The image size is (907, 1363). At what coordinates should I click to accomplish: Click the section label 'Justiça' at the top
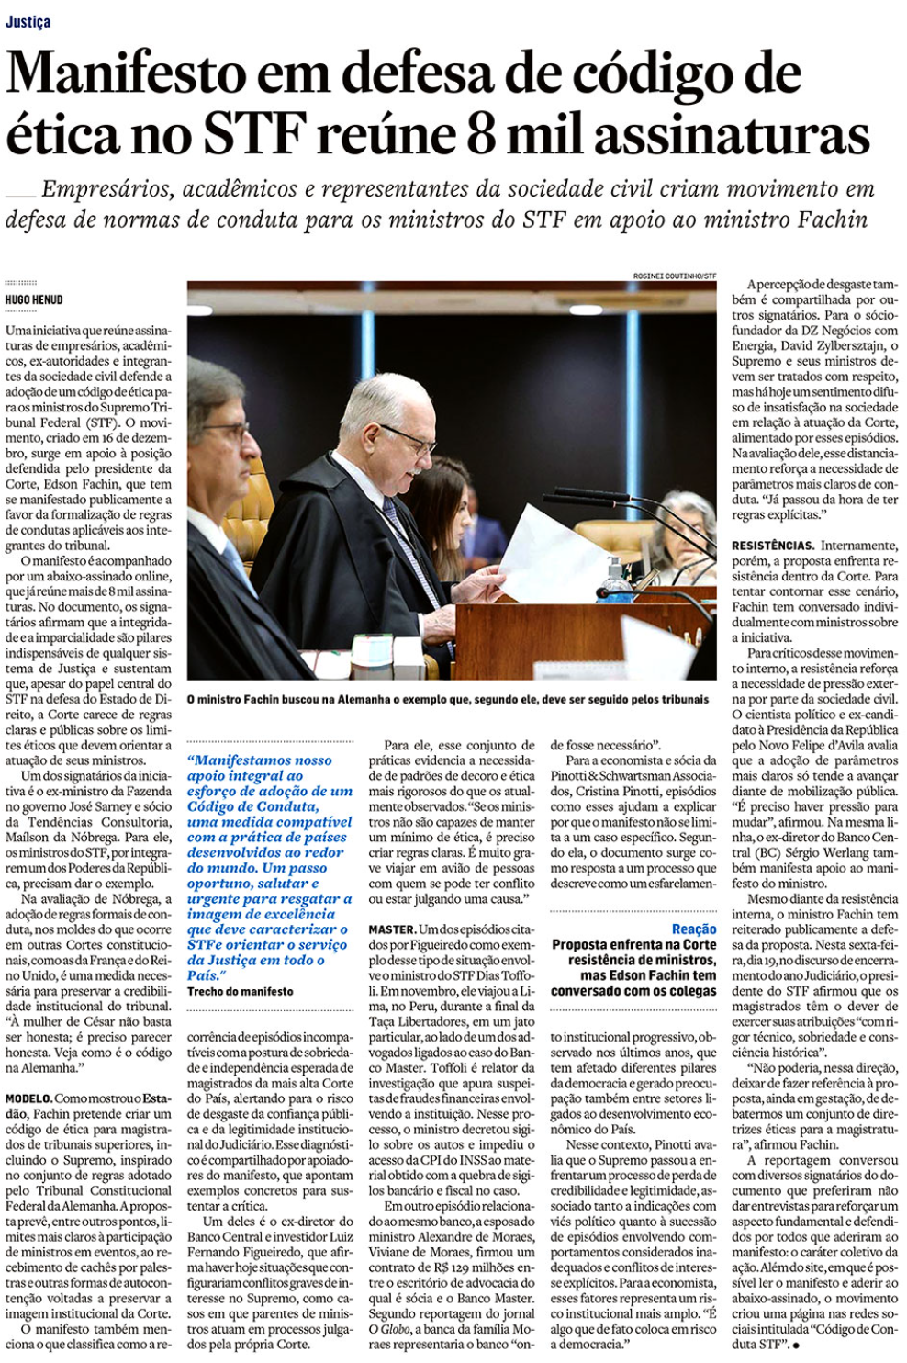pos(28,21)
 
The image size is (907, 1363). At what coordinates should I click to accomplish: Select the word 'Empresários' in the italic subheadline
pos(106,189)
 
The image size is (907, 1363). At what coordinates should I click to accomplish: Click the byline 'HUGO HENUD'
pos(34,299)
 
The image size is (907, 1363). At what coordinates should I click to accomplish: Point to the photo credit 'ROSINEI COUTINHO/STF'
pos(675,276)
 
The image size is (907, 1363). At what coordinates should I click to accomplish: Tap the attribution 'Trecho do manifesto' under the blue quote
pos(241,992)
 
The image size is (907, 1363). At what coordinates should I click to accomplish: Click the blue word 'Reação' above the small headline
pos(694,929)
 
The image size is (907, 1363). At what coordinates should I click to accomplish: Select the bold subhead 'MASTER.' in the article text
pos(392,929)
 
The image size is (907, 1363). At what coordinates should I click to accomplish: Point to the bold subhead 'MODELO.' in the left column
pos(28,1098)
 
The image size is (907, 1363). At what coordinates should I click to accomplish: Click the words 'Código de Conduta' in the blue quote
pos(253,806)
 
